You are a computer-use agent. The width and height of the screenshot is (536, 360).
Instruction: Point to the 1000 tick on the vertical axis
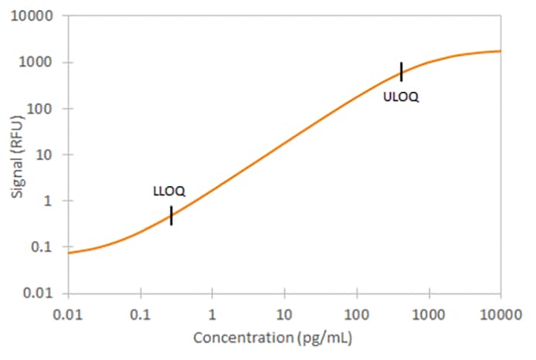[x=42, y=63]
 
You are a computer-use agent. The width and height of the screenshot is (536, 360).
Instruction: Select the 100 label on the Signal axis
[x=46, y=108]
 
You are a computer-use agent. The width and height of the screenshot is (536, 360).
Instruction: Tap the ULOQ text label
[x=401, y=97]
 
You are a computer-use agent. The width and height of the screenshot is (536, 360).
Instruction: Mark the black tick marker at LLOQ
[x=171, y=216]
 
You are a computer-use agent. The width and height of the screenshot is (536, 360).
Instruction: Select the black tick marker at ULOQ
[x=401, y=71]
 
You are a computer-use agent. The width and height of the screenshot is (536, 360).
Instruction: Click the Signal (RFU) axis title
[x=17, y=155]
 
